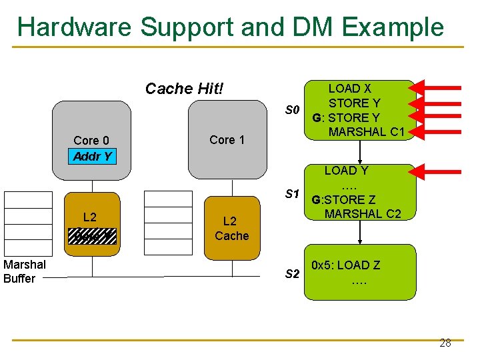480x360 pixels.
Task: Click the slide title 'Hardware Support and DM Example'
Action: [x=230, y=27]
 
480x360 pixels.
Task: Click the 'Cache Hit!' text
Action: [x=185, y=89]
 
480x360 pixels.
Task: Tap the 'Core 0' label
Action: [x=91, y=141]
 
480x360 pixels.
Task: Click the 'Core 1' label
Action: [x=227, y=139]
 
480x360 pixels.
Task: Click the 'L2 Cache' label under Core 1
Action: [x=231, y=228]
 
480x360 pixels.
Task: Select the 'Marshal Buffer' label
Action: [x=25, y=271]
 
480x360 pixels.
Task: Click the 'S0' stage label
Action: [x=293, y=109]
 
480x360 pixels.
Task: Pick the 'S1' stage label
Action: [x=292, y=194]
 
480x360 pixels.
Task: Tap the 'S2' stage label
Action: [x=292, y=274]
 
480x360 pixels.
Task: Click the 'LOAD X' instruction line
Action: [x=350, y=89]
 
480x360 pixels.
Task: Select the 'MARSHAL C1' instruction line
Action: [x=367, y=131]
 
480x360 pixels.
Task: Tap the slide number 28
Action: [x=445, y=343]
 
